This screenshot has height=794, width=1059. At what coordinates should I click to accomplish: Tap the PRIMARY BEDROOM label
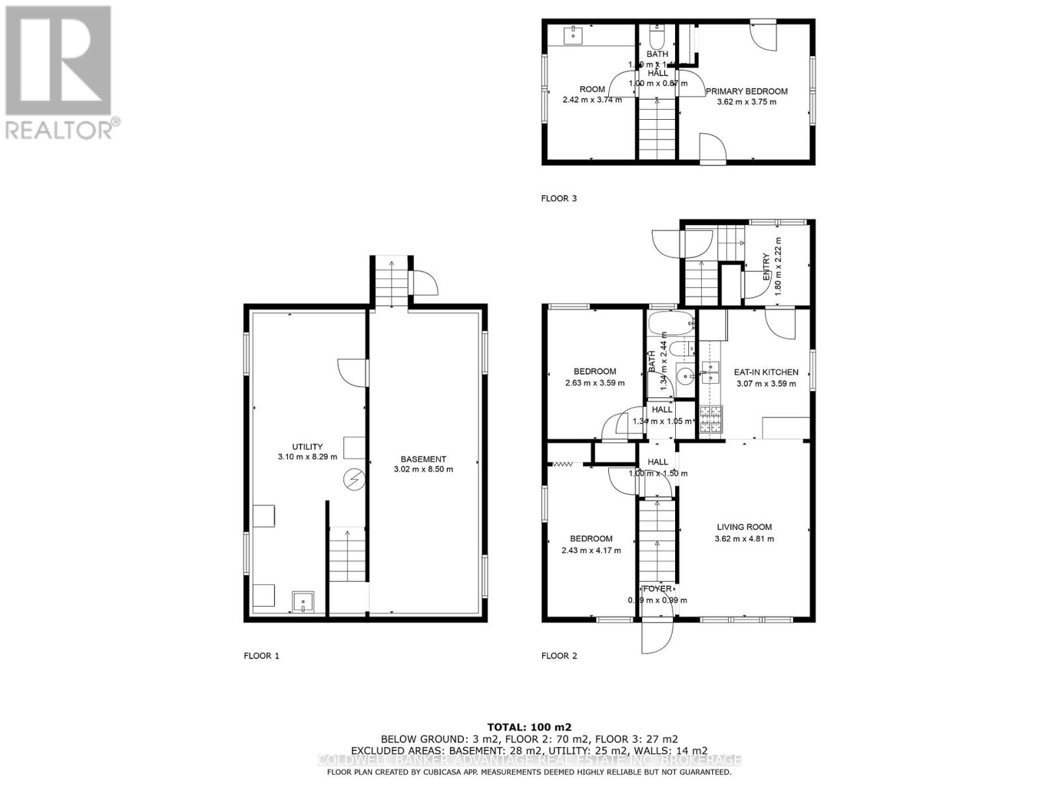click(x=746, y=91)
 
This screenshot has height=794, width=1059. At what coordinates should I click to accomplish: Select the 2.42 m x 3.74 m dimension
click(x=592, y=100)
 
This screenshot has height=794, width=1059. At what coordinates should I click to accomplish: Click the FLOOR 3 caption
click(x=559, y=198)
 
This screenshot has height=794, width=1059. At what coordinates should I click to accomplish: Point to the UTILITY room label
click(x=308, y=447)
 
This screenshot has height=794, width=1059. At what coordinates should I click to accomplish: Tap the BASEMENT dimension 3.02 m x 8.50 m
click(x=423, y=469)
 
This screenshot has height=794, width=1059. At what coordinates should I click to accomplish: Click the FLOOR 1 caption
click(x=261, y=656)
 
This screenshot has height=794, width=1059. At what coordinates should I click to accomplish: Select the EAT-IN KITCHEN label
click(x=766, y=372)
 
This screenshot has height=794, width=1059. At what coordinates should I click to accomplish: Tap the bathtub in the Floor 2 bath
click(x=670, y=324)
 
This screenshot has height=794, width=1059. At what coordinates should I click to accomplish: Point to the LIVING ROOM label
click(x=744, y=527)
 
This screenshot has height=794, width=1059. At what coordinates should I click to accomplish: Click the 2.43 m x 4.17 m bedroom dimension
click(x=591, y=550)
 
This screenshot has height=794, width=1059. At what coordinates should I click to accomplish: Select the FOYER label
click(x=657, y=588)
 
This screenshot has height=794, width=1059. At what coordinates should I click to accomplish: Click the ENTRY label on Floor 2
click(x=766, y=267)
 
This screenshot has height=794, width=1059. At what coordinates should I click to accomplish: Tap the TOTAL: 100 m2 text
click(x=529, y=727)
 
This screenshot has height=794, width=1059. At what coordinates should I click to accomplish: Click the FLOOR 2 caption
click(x=559, y=656)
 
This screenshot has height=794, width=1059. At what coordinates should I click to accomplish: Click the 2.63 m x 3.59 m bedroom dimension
click(x=594, y=382)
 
